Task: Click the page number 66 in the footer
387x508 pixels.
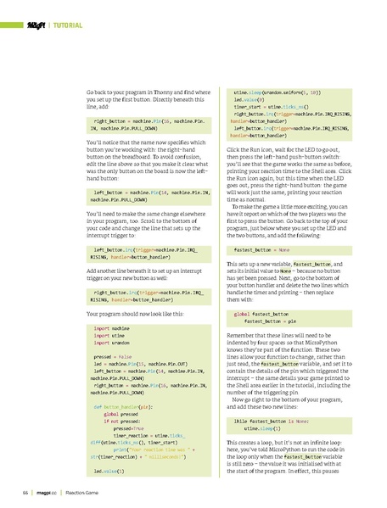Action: pos(26,491)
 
